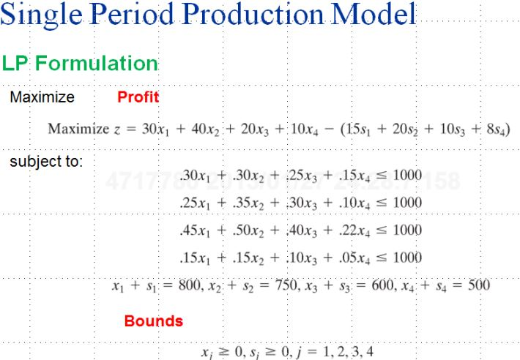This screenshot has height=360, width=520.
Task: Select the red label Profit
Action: click(x=138, y=97)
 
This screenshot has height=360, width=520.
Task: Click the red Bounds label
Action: click(x=153, y=320)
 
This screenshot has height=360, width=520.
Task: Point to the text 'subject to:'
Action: click(x=46, y=161)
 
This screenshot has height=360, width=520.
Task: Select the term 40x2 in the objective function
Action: click(x=204, y=129)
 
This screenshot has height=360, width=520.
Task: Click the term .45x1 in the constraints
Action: click(x=195, y=230)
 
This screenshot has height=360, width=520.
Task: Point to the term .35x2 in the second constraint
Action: click(x=246, y=203)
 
